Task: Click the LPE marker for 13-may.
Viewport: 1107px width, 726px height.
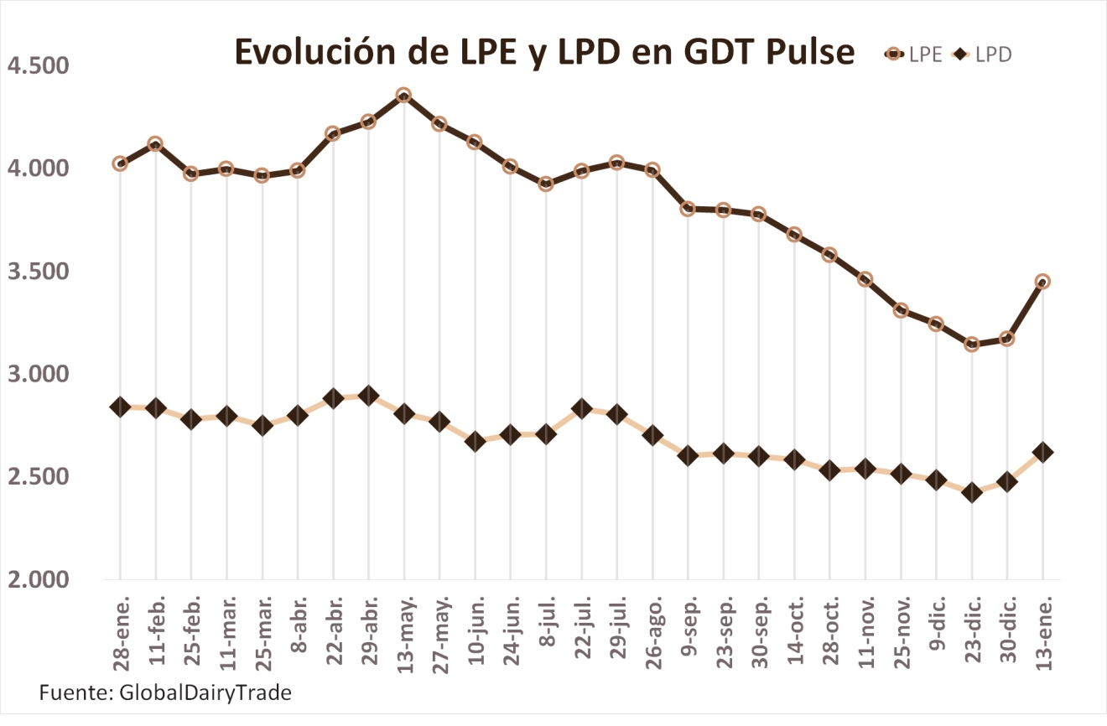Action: (403, 96)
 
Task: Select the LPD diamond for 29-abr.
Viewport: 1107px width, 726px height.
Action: (368, 396)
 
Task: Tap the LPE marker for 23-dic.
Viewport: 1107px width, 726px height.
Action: (972, 345)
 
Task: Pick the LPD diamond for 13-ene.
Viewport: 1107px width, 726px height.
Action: (1042, 452)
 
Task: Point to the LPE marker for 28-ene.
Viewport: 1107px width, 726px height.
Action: (120, 163)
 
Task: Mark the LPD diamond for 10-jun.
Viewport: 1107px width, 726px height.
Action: (475, 442)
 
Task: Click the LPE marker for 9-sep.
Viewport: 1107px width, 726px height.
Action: (688, 209)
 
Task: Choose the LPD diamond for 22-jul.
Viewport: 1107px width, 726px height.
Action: (581, 408)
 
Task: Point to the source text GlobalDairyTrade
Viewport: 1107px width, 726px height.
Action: (205, 692)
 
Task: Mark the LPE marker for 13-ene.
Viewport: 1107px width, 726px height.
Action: (1042, 282)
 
